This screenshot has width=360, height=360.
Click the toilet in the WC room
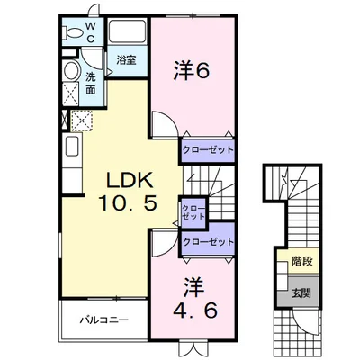(72, 32)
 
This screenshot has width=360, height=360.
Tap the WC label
(91, 32)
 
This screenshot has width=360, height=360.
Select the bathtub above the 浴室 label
(127, 31)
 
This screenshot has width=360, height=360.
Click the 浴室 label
(126, 60)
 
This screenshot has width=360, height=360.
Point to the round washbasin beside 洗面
(71, 70)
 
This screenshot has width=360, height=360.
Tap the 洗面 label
(91, 84)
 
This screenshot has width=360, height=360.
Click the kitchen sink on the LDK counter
(72, 146)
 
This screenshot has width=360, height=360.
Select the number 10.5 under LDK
(129, 203)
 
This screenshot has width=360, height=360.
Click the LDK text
(130, 180)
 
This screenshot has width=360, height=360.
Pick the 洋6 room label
(191, 71)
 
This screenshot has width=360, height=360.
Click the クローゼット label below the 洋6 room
(208, 149)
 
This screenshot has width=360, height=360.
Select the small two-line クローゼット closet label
(193, 212)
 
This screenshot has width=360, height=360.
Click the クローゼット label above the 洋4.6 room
(208, 241)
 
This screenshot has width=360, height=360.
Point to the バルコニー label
(104, 319)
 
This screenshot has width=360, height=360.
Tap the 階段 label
(302, 261)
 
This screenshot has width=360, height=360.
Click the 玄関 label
(301, 292)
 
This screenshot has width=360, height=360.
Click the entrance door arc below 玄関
(303, 323)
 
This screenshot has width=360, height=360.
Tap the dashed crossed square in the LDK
(82, 121)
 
